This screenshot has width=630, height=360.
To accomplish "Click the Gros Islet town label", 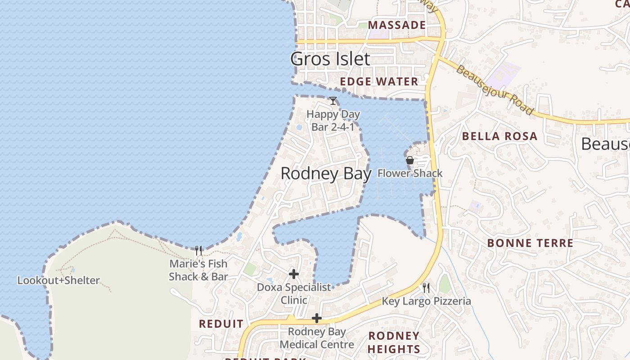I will [330, 59].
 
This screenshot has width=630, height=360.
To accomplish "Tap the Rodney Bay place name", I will [326, 174].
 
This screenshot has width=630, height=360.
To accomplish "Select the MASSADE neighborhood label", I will [397, 25].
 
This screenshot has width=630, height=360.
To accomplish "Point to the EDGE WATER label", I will [379, 81].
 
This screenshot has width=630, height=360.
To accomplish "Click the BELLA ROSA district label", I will [499, 136].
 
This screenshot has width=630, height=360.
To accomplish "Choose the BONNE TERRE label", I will [530, 243].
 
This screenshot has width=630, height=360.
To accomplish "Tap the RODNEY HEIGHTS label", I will [394, 342].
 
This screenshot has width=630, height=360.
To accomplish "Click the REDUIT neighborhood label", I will [221, 324].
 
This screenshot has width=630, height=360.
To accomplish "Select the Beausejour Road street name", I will [495, 90].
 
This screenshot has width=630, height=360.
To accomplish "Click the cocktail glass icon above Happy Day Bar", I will [333, 101].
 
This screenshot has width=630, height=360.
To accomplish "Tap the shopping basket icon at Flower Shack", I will [409, 160].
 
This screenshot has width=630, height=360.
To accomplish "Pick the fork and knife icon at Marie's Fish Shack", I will [198, 250].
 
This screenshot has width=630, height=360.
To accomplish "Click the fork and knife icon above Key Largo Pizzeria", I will [426, 288].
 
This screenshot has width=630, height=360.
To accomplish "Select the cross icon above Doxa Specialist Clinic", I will [294, 274].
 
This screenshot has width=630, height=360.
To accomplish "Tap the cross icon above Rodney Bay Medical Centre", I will [317, 319].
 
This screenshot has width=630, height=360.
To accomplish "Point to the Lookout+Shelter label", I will [58, 281].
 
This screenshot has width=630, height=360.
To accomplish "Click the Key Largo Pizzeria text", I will [426, 301].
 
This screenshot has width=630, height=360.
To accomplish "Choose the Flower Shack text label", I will [410, 173].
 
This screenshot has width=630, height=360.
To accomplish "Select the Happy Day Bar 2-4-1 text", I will [333, 121].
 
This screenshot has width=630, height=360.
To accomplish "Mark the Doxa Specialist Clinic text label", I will [294, 293].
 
